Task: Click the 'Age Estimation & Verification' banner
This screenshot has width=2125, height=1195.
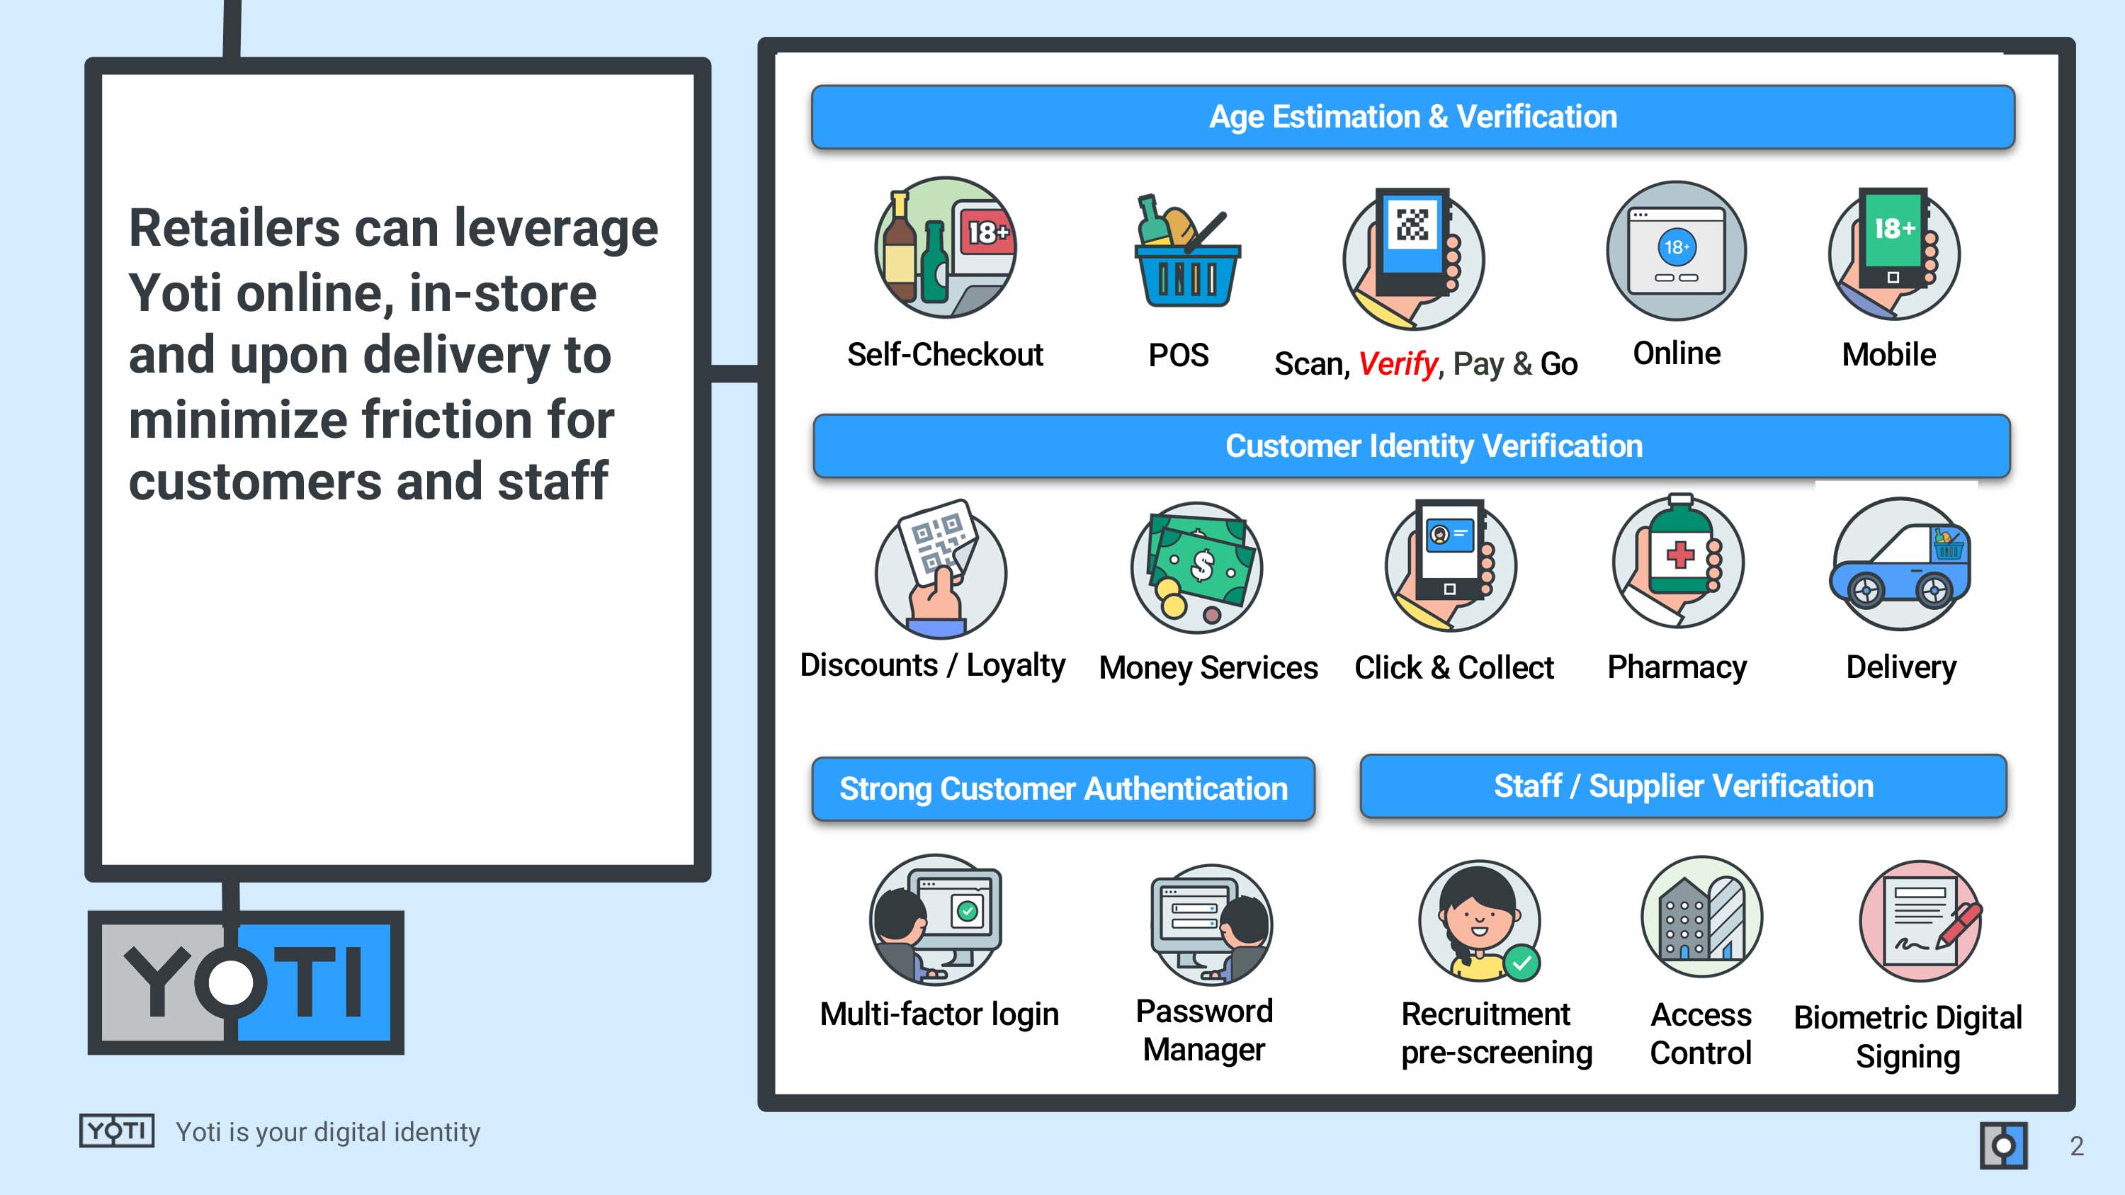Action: [1412, 116]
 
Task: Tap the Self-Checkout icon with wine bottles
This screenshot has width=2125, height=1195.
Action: [946, 247]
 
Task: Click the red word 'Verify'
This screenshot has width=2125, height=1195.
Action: [1398, 363]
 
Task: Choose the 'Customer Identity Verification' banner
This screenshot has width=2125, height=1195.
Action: [1412, 446]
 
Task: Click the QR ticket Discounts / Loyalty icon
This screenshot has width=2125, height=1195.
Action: [941, 568]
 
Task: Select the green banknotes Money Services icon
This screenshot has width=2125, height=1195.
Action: [1197, 568]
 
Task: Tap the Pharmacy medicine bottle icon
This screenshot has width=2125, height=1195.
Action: [1678, 560]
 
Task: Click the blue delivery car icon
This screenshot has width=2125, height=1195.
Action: [1900, 565]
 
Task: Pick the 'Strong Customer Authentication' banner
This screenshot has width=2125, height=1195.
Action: [1063, 789]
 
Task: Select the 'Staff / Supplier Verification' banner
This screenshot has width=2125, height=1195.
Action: [1683, 786]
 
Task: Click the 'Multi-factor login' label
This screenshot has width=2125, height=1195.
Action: [939, 1014]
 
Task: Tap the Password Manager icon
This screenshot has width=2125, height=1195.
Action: [1211, 924]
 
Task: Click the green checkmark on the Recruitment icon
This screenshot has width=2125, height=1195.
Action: [1521, 963]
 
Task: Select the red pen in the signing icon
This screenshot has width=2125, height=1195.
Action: [1959, 924]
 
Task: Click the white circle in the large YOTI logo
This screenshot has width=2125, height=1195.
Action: [230, 983]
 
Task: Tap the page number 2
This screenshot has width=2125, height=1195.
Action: [2076, 1145]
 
